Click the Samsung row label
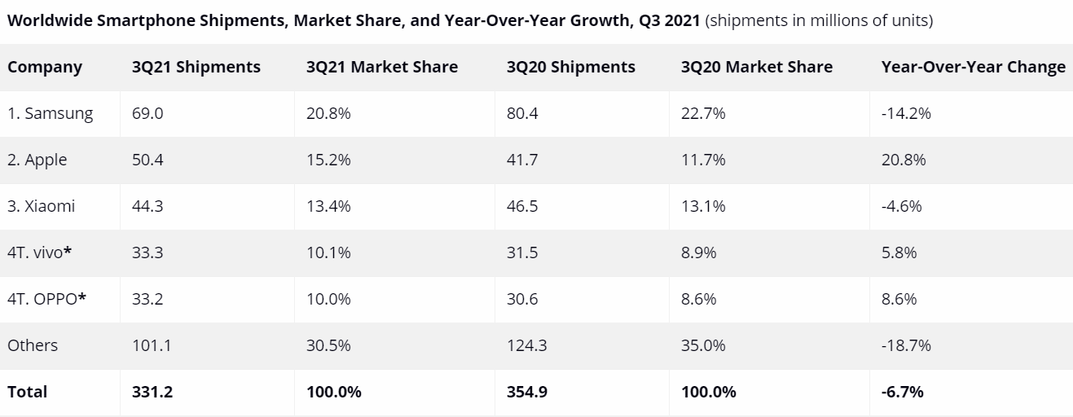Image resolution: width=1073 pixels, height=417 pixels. pos(51,114)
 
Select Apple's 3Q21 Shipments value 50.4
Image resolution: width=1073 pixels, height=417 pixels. pos(147,160)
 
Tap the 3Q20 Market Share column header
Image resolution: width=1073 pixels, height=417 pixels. pos(756,68)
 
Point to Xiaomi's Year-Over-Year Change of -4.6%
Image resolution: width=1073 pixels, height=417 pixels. pos(901,207)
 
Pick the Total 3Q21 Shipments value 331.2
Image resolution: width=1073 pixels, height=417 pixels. pos(152,392)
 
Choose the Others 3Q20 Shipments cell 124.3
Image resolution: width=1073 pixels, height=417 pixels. pos(526,345)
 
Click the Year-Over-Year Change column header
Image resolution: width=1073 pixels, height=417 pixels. pos(973,68)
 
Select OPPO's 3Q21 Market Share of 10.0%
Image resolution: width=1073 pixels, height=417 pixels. pos(328,299)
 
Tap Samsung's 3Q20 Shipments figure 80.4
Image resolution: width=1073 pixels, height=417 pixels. pos(522,114)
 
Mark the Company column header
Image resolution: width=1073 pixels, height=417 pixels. pos(45,68)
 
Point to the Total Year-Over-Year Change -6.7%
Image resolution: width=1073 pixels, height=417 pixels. pos(902,392)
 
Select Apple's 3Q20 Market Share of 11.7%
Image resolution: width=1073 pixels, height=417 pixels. pos(702,160)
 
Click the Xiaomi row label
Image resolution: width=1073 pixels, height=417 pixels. pos(41,207)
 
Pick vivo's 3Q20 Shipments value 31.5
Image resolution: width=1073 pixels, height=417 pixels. pos(522,252)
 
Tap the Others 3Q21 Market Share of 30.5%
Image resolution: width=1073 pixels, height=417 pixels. pos(328,345)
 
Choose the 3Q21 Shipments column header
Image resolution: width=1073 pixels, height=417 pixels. pos(196,68)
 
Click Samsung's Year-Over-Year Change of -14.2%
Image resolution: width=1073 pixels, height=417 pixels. pos(906,114)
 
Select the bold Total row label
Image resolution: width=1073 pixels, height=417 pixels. pos(28,392)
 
